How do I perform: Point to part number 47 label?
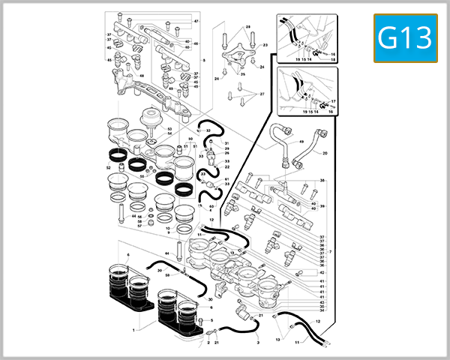coord(196,22)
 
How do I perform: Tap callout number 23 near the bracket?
coord(265,45)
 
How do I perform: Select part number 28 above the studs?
coord(247,28)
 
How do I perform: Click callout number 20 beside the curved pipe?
coord(325,153)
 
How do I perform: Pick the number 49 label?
coord(301,141)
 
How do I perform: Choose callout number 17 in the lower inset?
coord(333,101)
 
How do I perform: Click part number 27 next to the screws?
coord(262,94)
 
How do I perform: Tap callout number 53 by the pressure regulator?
coord(169,129)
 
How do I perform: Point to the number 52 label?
coord(109,167)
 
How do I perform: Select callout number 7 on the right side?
coord(330,251)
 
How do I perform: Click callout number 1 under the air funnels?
coord(134,330)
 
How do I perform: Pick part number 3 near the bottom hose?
coord(257,341)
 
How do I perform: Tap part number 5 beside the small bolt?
coord(211,320)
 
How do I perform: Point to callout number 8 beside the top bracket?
coord(204,60)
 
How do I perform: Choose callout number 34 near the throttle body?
coord(321,309)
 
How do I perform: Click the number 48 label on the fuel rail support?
coord(142,76)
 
